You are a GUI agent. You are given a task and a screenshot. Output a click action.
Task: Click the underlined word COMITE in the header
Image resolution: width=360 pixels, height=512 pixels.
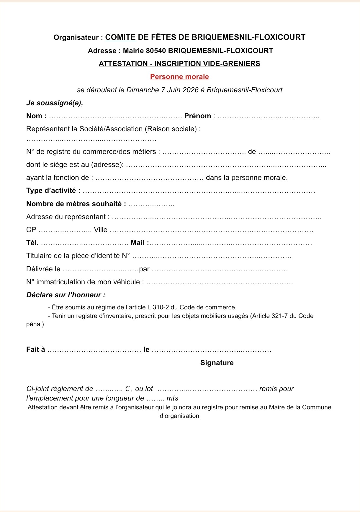click(120, 37)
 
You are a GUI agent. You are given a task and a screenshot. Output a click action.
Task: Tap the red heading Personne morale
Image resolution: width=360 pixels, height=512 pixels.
click(179, 77)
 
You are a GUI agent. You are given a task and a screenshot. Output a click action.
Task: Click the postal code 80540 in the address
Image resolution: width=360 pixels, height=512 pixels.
click(156, 51)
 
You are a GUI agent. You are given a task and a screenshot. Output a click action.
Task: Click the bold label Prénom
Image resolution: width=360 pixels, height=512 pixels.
click(197, 116)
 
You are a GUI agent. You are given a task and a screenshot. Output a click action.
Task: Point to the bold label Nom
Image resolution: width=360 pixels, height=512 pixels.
click(35, 116)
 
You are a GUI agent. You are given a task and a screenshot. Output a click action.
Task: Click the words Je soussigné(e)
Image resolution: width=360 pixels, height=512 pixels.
click(55, 103)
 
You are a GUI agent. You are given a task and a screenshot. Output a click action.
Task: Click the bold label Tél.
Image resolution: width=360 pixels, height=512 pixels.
click(32, 243)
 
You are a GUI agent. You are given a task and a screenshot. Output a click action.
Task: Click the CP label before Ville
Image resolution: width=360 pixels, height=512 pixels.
click(31, 230)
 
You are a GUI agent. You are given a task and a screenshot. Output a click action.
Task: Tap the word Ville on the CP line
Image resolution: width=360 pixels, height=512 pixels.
click(101, 230)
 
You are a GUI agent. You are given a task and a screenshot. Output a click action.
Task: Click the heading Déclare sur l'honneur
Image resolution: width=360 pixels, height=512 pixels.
click(66, 295)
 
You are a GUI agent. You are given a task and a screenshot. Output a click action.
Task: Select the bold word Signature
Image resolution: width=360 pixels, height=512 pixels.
click(217, 363)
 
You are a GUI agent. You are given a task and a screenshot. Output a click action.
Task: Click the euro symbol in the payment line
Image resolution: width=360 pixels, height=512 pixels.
click(127, 389)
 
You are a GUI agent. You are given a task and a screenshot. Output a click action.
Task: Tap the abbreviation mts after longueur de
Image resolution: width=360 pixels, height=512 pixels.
click(172, 398)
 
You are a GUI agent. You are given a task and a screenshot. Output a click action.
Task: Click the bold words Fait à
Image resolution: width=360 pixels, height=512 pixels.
click(36, 349)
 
